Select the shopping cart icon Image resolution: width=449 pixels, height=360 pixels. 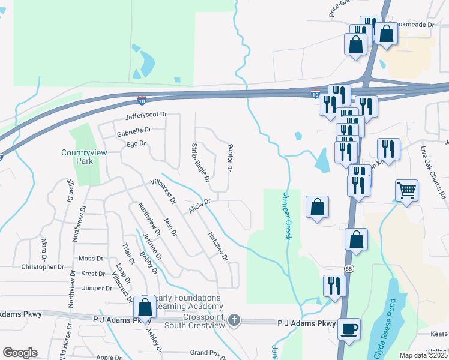406,191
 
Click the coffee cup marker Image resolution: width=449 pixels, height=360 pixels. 349,329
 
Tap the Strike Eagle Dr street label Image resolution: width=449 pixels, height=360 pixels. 200,162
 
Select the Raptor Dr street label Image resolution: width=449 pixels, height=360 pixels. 229,157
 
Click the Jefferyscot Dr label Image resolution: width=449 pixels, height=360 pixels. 145,115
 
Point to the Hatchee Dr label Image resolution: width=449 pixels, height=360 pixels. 218,247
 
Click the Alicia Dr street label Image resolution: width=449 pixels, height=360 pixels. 199,206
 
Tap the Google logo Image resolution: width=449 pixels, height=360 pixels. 20,352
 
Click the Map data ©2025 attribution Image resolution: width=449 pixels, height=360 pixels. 424,355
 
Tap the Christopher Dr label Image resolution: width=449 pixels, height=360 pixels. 42,266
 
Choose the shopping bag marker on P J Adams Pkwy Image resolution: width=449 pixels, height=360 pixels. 145,307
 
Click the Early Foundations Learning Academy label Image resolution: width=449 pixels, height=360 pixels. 188,302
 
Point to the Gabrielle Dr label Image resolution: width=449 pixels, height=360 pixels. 134,130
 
